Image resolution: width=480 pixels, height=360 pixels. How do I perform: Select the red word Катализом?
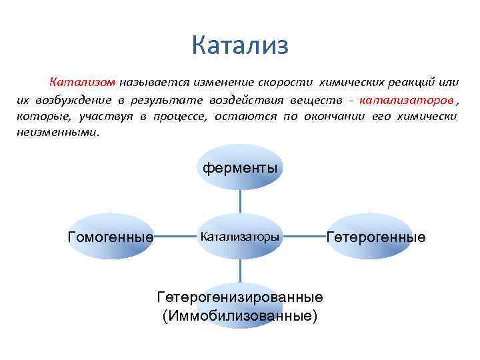click(82, 83)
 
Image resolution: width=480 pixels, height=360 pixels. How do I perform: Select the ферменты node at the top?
click(240, 167)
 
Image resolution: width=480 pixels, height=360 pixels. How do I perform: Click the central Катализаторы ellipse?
click(240, 236)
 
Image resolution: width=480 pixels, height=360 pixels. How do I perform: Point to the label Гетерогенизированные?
click(240, 297)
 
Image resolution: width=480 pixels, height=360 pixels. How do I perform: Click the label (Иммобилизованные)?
click(240, 315)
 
